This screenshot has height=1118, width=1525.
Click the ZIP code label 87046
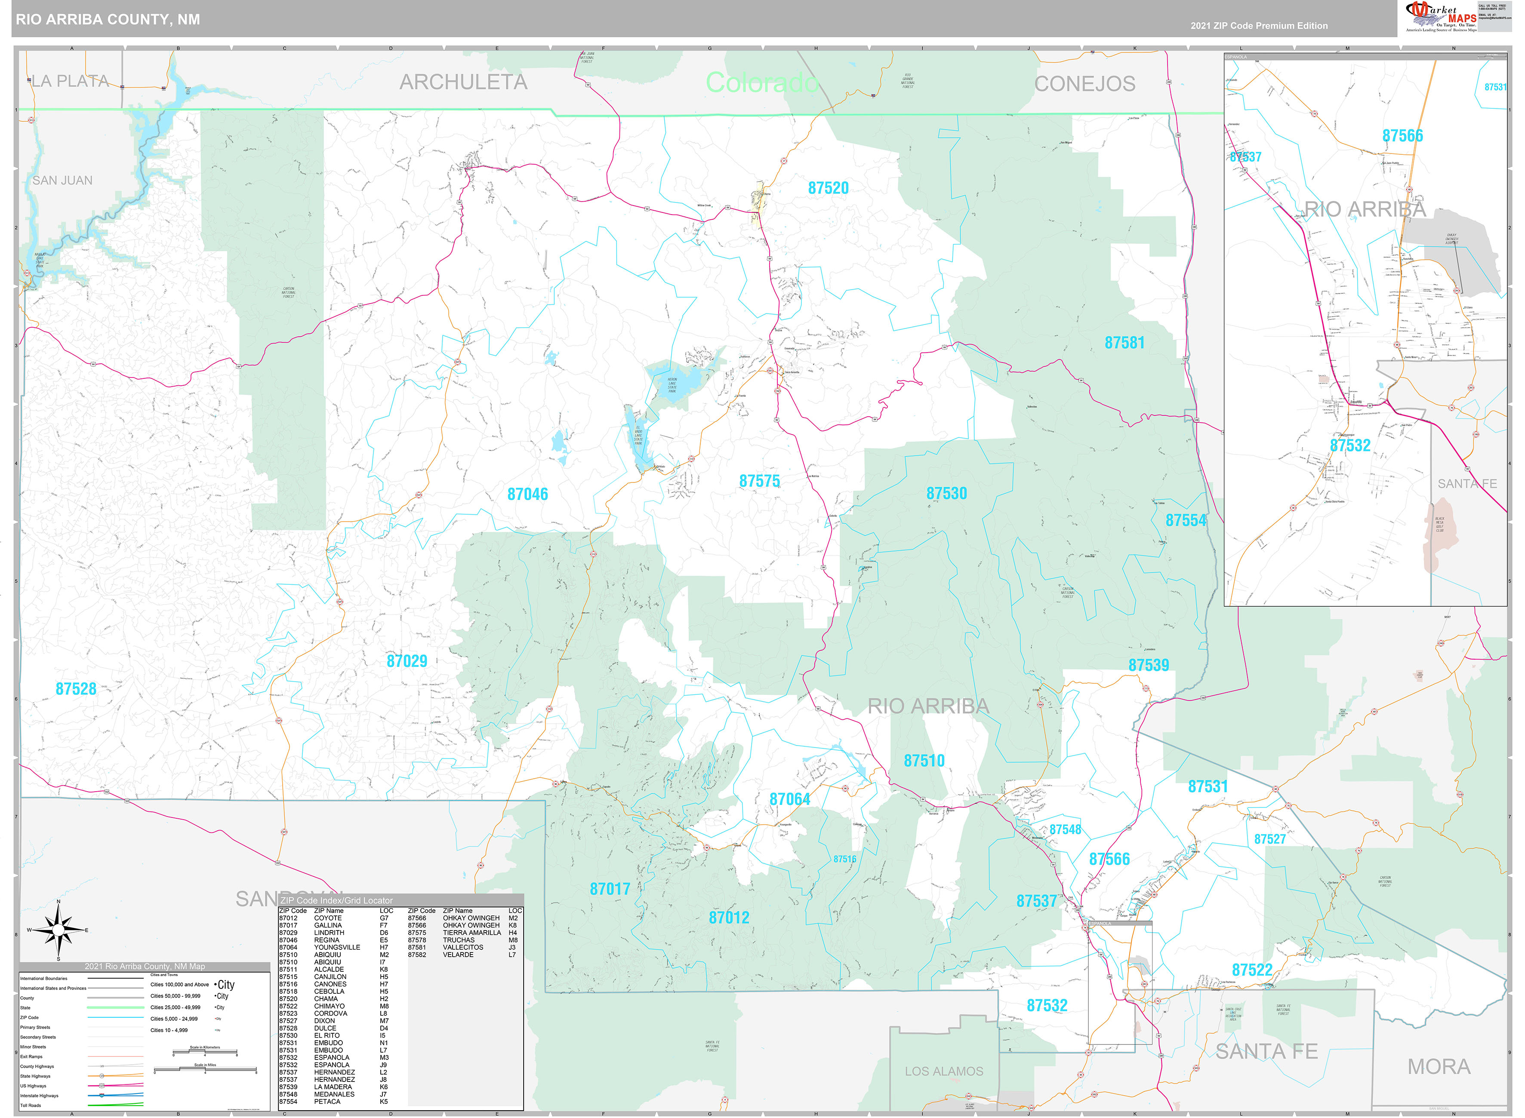[x=527, y=494]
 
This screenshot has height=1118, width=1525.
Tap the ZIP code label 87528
[x=76, y=689]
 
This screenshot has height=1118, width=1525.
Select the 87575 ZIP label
[x=759, y=481]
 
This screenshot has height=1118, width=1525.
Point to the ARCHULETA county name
[x=463, y=82]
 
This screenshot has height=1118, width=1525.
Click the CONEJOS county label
[x=1084, y=84]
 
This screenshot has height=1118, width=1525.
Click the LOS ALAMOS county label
[x=943, y=1071]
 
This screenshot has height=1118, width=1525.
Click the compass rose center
[x=58, y=931]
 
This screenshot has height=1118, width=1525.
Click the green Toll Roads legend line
[x=115, y=1105]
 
